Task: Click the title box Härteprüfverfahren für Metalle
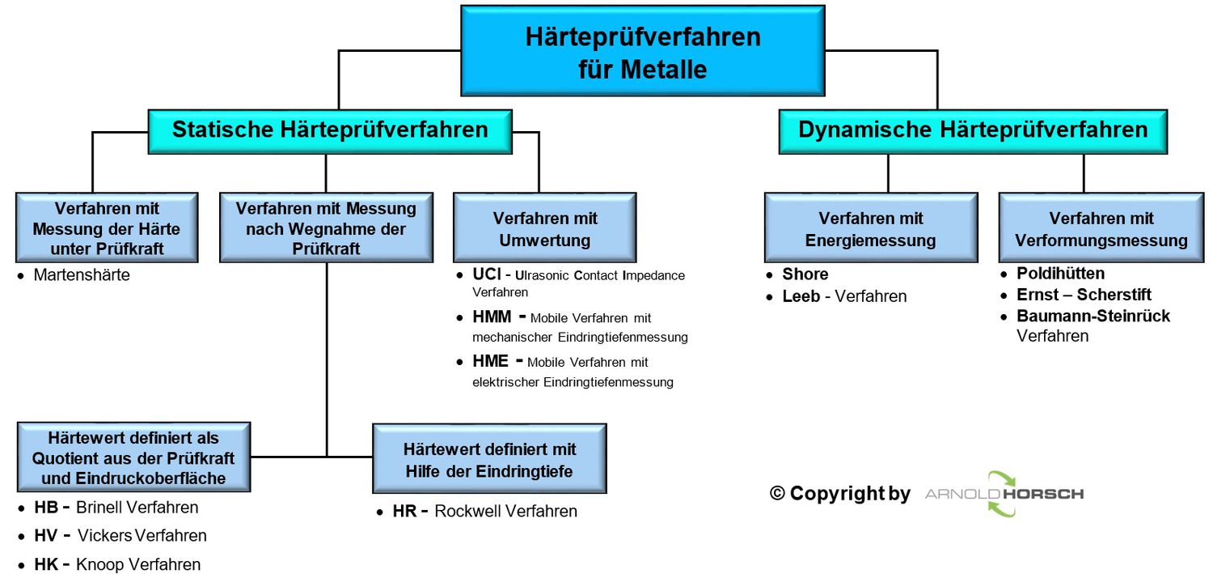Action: tap(642, 51)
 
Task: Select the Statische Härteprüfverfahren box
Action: tap(330, 130)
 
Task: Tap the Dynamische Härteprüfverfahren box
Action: tap(972, 130)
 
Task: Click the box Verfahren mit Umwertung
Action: tap(544, 228)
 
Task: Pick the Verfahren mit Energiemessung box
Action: tap(870, 228)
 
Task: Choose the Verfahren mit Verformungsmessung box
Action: tap(1101, 228)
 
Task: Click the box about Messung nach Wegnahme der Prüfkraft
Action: tap(326, 228)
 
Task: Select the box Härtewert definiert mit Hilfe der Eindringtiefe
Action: tap(489, 459)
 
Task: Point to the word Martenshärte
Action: tap(82, 275)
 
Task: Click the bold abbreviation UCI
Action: tap(486, 275)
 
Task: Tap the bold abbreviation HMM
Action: tap(492, 317)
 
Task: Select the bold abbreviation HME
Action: tap(490, 361)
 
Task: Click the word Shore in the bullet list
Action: tap(805, 274)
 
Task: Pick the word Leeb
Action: tap(801, 296)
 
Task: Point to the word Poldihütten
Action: tap(1060, 274)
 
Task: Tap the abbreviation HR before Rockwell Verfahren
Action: tap(404, 511)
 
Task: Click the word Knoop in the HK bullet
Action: tap(99, 564)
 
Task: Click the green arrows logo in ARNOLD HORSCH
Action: tap(1000, 494)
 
